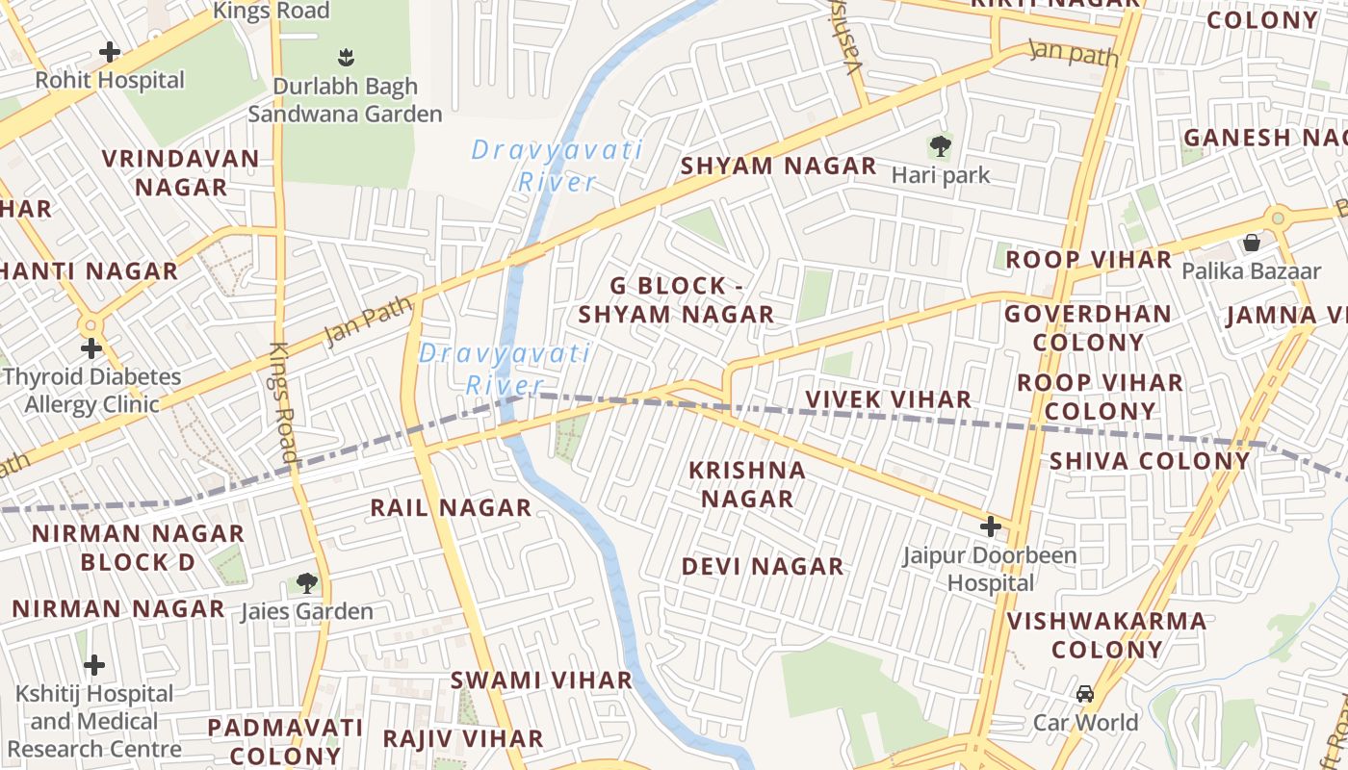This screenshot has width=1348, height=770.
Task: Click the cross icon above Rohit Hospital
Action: coord(110,51)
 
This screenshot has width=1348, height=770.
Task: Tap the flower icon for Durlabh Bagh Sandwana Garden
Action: coord(346,58)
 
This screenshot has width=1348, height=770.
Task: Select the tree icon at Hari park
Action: coord(940,147)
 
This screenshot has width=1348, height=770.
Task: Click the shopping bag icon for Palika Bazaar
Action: coord(1251,243)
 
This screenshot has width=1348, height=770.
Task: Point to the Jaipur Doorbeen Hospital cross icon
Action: coord(990,526)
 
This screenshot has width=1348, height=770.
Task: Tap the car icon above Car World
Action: coord(1085,694)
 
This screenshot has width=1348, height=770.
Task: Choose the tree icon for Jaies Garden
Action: coord(306,582)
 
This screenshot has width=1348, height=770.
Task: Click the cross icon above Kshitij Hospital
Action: coord(94,665)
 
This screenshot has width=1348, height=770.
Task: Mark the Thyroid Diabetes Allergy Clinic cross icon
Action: coord(91,347)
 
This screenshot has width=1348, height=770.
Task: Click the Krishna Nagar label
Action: coord(747,484)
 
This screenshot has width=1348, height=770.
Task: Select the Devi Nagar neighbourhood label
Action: coord(763,566)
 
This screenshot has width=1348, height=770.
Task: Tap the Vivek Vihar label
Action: coord(888,399)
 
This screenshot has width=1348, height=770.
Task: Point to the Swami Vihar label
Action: coord(542,680)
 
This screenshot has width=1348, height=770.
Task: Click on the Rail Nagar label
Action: coord(451,507)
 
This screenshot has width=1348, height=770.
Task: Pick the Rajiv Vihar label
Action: coord(463,738)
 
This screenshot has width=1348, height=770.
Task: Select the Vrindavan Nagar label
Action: coord(181,172)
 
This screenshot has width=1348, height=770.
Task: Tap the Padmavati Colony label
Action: coord(285,741)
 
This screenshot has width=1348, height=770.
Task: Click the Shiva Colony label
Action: coord(1150,460)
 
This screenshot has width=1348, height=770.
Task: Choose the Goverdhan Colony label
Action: coord(1088,328)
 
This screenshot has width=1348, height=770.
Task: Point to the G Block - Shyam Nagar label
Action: coord(676,300)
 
